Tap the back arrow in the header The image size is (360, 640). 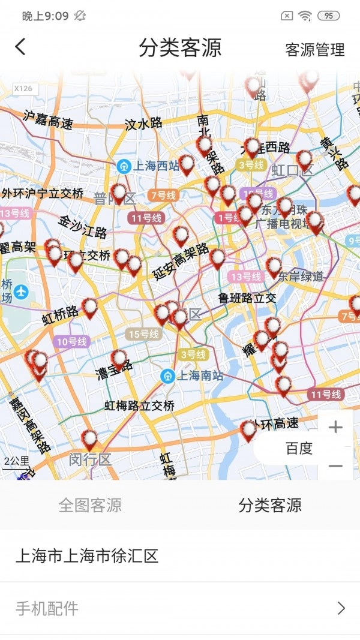21,47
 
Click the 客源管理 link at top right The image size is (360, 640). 315,50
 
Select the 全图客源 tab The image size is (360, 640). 90,505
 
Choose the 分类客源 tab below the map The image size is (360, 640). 270,505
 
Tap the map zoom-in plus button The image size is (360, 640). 335,427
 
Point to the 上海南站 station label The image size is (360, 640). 192,375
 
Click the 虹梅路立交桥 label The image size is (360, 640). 139,406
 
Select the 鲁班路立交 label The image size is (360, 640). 247,298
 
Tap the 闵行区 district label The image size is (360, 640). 90,460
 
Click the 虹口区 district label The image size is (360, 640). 292,170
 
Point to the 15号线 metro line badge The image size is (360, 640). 143,334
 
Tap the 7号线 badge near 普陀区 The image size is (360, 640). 163,195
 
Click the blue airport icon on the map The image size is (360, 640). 22,292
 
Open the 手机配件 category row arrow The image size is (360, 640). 341,608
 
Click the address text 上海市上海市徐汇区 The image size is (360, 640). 87,555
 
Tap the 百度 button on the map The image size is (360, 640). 299,448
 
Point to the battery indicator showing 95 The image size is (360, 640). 328,16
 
